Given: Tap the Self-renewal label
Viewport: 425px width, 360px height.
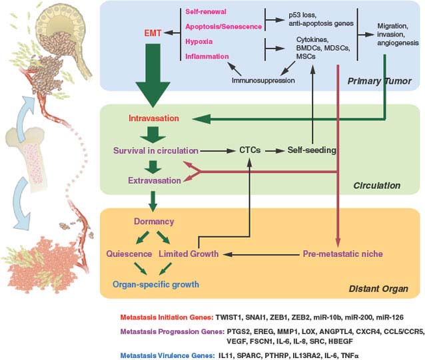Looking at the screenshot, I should (209, 11).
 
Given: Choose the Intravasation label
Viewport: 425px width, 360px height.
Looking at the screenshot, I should (153, 118).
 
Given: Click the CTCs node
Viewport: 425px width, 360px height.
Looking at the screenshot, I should (250, 150).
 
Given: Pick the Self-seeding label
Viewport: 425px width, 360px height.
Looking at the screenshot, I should (311, 150).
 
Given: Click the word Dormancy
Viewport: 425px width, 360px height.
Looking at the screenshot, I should (154, 221).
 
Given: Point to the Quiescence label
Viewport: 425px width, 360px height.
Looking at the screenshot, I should (130, 254).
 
